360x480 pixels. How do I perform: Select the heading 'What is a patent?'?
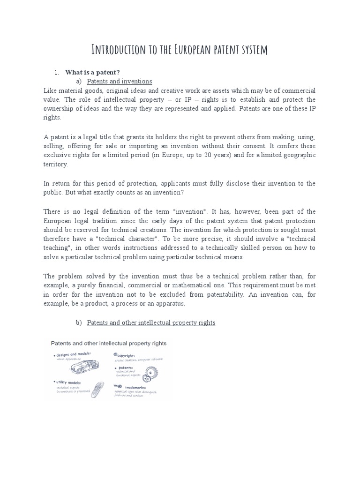coord(92,72)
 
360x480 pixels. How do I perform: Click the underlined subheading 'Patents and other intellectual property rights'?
coord(151,323)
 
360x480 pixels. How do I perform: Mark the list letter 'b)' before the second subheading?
coord(78,323)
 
